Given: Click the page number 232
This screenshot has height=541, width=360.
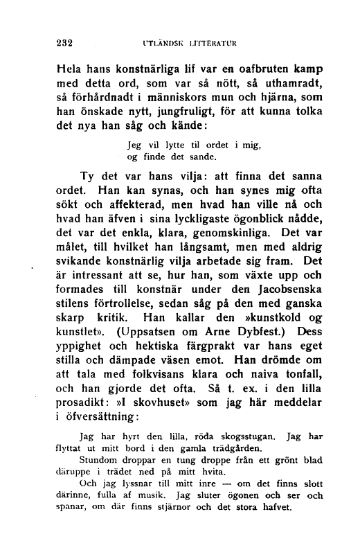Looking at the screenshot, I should (64, 41).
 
